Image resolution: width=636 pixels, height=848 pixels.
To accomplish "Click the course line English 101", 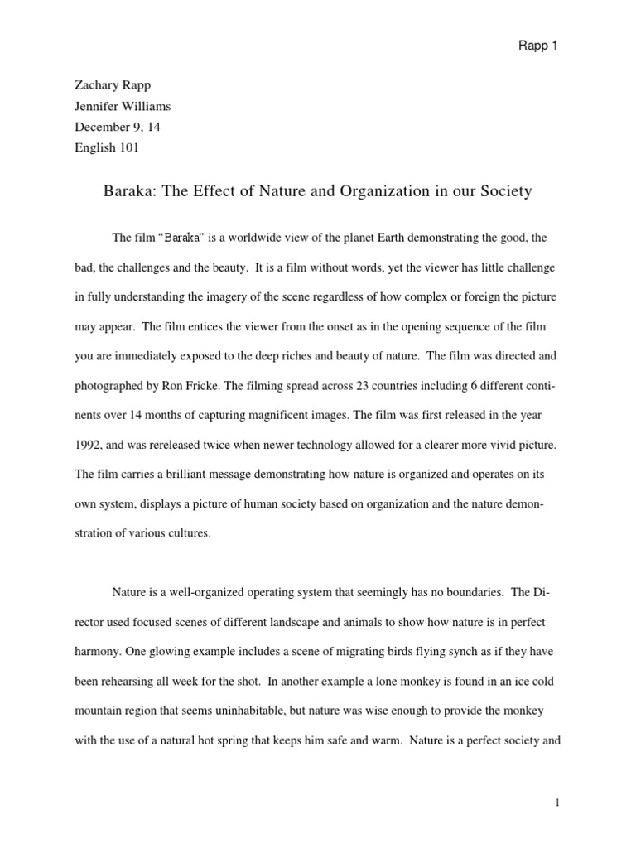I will tap(107, 147).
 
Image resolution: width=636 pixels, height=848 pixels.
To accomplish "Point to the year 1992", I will tap(88, 446).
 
